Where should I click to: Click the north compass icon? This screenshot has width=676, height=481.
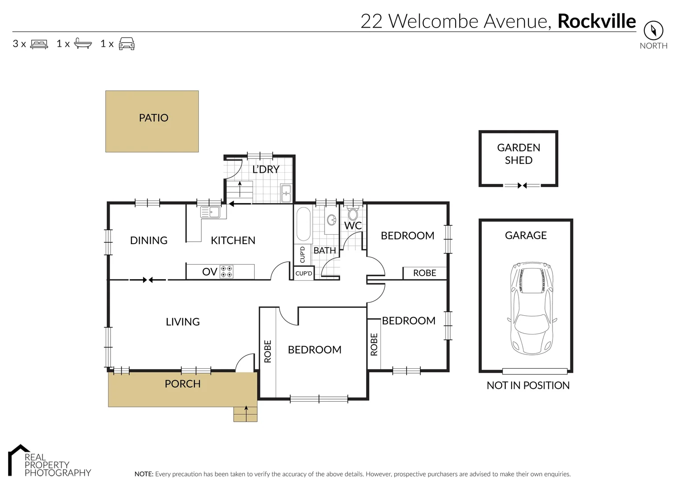[653, 31]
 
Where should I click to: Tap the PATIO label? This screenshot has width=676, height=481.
[153, 118]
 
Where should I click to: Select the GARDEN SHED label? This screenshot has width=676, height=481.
[518, 154]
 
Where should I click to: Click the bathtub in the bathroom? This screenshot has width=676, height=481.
[304, 224]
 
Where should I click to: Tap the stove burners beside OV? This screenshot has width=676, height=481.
[227, 272]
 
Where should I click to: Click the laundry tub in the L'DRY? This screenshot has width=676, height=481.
[286, 193]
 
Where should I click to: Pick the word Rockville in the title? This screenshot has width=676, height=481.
[596, 21]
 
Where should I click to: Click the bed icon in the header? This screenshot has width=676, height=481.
[39, 44]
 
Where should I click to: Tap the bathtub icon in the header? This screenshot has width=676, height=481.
[82, 44]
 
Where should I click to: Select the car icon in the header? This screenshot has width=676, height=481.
[127, 44]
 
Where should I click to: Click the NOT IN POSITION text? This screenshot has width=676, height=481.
[528, 386]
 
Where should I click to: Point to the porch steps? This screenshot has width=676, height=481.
[246, 414]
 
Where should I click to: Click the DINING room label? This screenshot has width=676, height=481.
[148, 240]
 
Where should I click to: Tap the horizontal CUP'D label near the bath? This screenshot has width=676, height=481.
[304, 273]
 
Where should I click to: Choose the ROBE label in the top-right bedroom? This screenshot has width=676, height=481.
[424, 273]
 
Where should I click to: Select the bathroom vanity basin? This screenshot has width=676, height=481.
[331, 220]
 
